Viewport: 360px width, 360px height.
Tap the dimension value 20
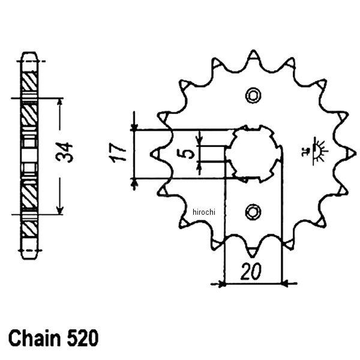252,272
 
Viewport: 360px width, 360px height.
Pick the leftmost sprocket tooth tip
155,154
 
